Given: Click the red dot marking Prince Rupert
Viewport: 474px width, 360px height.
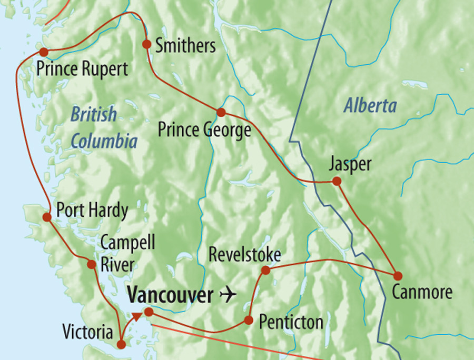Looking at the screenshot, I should pyautogui.click(x=43, y=52).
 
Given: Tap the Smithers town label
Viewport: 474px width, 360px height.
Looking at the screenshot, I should pyautogui.click(x=185, y=46).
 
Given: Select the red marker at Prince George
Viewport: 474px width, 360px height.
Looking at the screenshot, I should pyautogui.click(x=221, y=112).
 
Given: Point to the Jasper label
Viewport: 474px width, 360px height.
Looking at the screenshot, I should pyautogui.click(x=350, y=164).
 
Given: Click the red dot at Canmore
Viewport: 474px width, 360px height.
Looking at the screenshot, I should pyautogui.click(x=398, y=276).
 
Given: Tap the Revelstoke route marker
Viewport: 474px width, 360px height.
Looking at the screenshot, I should pyautogui.click(x=266, y=270).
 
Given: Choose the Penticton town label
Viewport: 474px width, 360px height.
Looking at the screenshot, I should pyautogui.click(x=291, y=322).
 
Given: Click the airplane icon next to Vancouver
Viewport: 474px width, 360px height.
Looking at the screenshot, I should pyautogui.click(x=227, y=295).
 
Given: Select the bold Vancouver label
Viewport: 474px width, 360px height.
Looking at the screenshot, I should pyautogui.click(x=170, y=295).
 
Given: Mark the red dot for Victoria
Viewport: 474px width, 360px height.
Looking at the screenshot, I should pyautogui.click(x=121, y=345).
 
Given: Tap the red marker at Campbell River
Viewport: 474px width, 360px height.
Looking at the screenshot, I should pyautogui.click(x=92, y=264).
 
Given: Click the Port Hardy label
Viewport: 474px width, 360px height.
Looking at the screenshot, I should pyautogui.click(x=92, y=211).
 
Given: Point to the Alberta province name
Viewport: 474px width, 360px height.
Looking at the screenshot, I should pyautogui.click(x=370, y=106).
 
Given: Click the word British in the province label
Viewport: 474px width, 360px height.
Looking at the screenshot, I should pyautogui.click(x=94, y=114).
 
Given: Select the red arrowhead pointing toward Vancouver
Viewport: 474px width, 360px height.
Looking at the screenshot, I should pyautogui.click(x=136, y=316).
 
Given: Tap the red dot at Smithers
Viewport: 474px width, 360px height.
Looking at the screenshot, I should pyautogui.click(x=147, y=44).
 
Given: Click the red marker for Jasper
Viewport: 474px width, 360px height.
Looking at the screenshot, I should pyautogui.click(x=337, y=181).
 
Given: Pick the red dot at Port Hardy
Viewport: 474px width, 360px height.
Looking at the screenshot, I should pyautogui.click(x=47, y=217).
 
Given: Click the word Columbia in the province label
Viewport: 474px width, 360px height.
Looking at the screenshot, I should pyautogui.click(x=104, y=141).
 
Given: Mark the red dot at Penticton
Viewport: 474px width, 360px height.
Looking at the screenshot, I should pyautogui.click(x=249, y=320).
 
